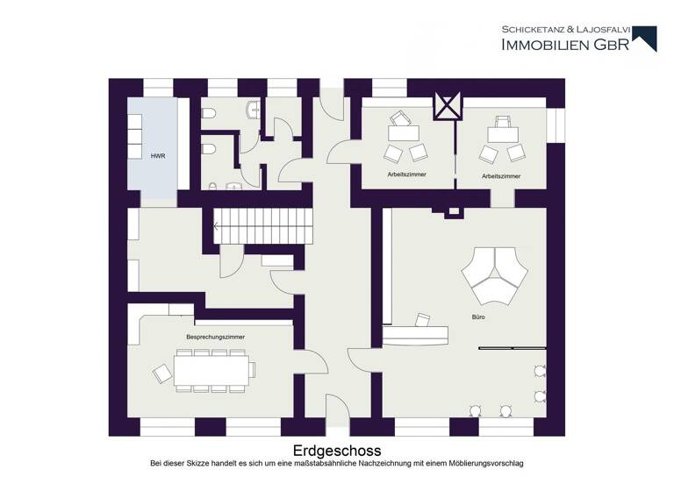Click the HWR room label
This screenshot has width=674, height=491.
click(158, 155)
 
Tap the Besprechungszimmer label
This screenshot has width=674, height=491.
click(215, 337)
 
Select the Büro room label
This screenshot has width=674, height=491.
click(477, 316)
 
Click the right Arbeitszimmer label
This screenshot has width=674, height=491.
click(501, 176)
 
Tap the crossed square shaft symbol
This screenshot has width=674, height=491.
click(448, 106)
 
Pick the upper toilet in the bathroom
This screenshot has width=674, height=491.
click(209, 113)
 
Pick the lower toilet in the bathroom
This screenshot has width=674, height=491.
click(209, 150)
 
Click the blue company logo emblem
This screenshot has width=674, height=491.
click(645, 38)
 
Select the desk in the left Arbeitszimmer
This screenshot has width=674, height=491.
click(404, 132)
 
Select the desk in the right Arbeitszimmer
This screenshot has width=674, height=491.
click(503, 132)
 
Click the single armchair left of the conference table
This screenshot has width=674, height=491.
click(162, 374)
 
